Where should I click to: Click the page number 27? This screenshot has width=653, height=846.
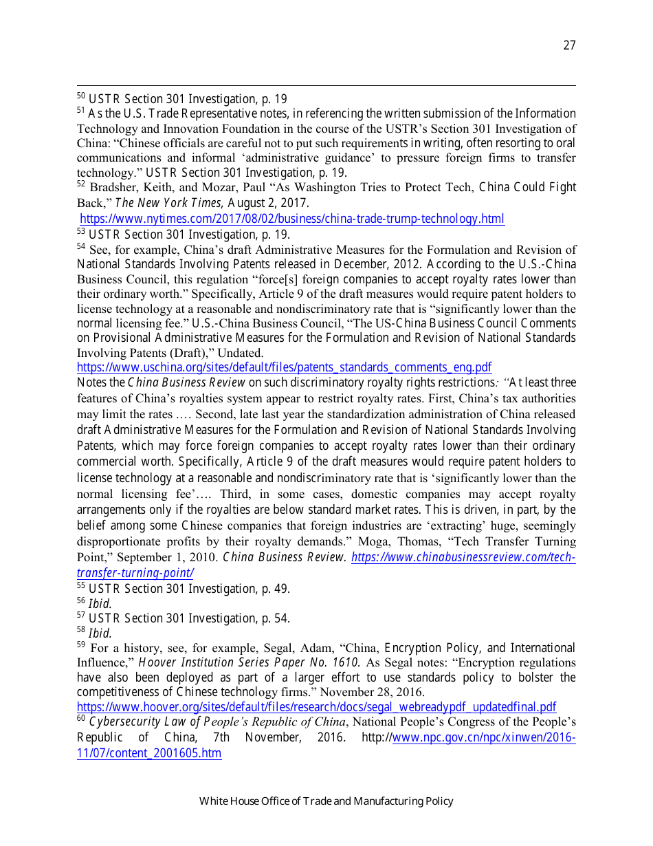coord(569,45)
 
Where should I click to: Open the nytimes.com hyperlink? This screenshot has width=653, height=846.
coord(292,219)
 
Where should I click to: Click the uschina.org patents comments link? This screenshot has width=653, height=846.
coord(284,367)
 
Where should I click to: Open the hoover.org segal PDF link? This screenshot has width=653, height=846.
coord(316,707)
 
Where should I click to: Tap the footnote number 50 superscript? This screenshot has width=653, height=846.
coord(80,96)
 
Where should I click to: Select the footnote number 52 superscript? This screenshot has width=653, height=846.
coord(80,185)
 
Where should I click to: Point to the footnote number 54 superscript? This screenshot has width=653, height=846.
coord(80,247)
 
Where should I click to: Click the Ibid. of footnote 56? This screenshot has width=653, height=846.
coord(100,604)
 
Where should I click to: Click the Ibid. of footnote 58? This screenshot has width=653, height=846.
coord(100,633)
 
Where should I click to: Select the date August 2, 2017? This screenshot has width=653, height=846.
coord(268,203)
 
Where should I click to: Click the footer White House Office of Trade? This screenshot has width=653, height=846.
coord(326,801)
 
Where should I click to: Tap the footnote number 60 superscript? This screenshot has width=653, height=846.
coord(80,719)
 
